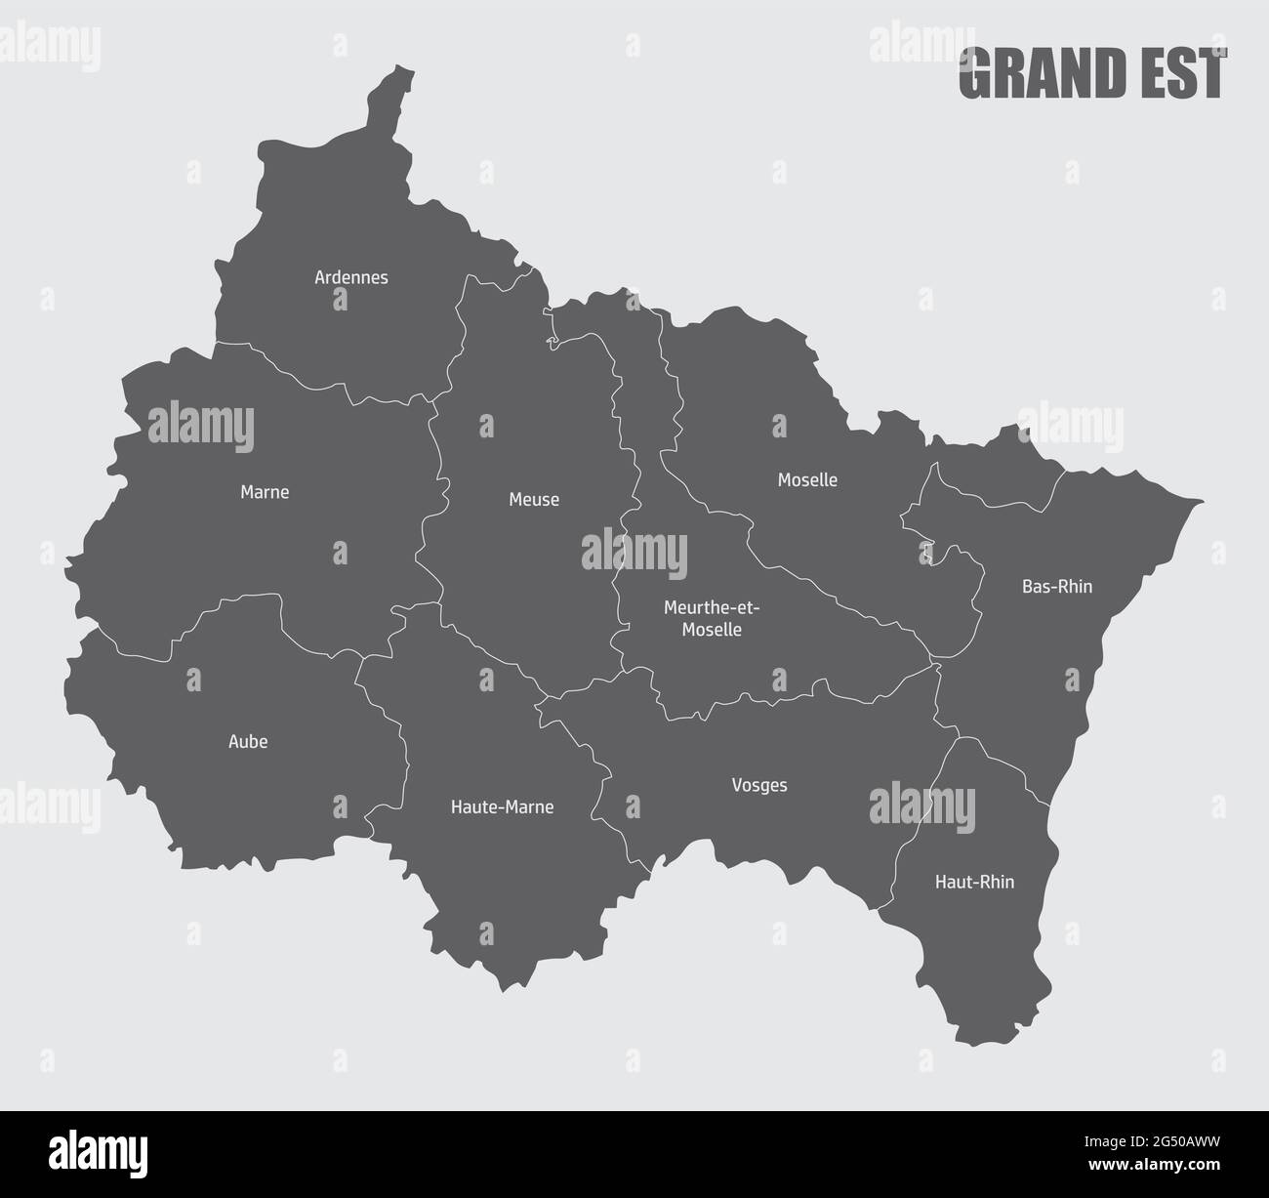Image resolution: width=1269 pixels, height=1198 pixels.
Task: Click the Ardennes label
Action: pos(350,277)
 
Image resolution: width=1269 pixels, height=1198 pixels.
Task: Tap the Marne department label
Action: pos(265,492)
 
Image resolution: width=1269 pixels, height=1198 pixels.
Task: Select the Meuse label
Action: pos(534,500)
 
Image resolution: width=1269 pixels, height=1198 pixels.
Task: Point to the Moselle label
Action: pos(807,480)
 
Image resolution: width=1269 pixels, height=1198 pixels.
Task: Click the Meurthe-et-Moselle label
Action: pos(711,619)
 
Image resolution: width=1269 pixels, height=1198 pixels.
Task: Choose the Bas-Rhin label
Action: pos(1056,587)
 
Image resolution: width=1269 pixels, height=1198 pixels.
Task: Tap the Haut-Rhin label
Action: pos(974,882)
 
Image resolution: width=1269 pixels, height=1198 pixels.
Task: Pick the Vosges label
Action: pos(758,785)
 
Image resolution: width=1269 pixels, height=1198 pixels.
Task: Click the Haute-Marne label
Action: pos(502,807)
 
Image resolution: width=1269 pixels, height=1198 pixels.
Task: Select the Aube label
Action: pos(248,742)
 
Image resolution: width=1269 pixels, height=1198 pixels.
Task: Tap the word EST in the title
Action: pos(1189,74)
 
